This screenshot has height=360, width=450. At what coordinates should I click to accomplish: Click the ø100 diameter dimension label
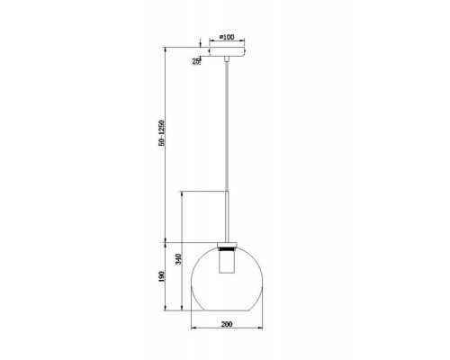point(227,37)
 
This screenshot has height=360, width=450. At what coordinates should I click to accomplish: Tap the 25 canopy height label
point(196,61)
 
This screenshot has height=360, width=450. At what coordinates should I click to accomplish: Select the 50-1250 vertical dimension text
point(162,133)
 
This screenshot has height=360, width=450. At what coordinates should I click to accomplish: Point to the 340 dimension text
point(178,259)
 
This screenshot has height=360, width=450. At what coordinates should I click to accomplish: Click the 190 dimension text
point(162,276)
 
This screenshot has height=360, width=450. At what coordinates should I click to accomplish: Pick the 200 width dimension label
point(227,324)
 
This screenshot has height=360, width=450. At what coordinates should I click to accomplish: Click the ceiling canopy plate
point(227,51)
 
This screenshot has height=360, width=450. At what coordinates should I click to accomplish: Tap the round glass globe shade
point(227,280)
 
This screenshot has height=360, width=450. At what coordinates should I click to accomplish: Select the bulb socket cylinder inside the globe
point(227,262)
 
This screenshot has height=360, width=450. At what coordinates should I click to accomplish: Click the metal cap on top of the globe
point(227,245)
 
